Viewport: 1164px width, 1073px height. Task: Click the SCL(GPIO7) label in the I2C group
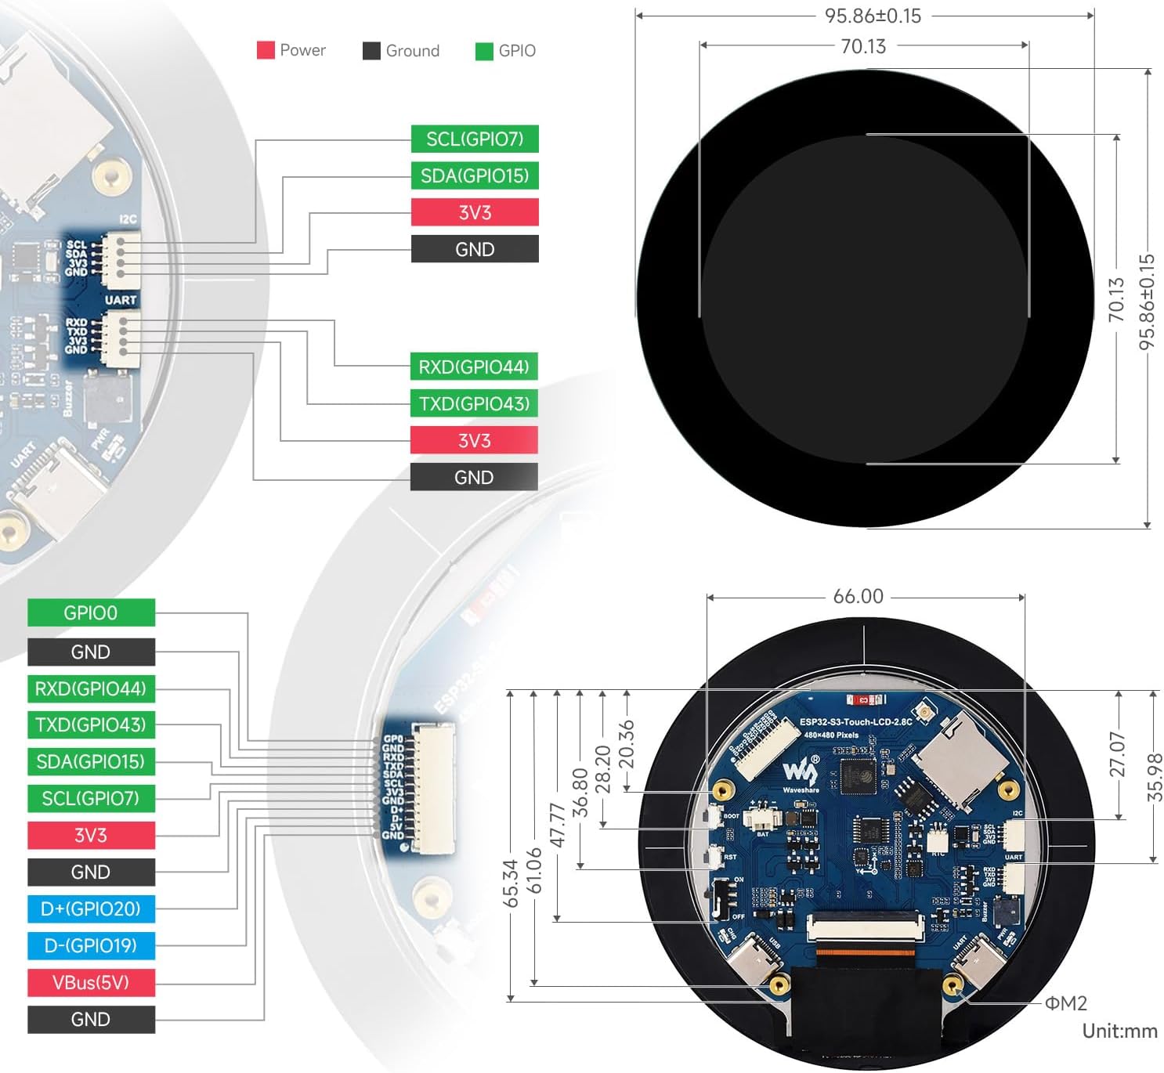pos(475,139)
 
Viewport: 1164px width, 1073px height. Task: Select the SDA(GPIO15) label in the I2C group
pos(475,175)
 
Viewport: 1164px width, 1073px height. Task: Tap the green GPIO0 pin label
pos(91,612)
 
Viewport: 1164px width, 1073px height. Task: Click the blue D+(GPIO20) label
pos(91,909)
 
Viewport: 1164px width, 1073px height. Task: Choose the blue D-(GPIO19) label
pos(91,945)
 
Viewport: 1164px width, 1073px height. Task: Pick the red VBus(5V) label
pos(91,982)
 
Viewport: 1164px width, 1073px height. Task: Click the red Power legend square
pos(266,50)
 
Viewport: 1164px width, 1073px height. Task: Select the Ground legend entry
pos(401,51)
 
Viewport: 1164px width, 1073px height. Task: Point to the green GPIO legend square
pos(484,51)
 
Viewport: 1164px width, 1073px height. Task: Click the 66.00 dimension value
pos(859,596)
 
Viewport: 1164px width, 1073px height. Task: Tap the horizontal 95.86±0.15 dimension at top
pos(873,16)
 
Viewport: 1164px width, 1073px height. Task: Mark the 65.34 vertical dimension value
pos(511,883)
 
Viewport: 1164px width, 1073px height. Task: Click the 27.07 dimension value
pos(1118,753)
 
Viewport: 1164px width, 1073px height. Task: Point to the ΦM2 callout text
pos(1066,1003)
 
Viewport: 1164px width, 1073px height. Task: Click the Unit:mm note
pos(1119,1031)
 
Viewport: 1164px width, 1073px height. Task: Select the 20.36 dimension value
pos(627,744)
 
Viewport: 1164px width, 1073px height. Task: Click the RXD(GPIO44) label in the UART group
pos(474,367)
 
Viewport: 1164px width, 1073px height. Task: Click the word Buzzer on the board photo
pos(68,397)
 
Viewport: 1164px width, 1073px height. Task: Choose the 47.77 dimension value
pos(558,824)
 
